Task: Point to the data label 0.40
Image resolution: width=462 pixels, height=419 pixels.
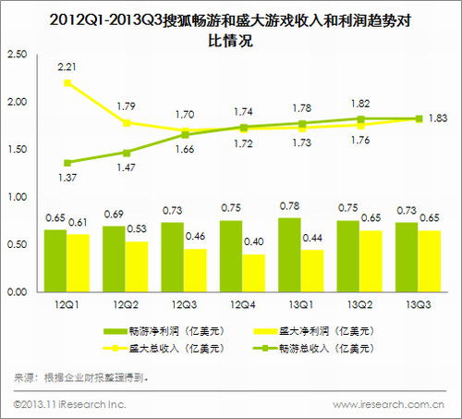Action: [254, 244]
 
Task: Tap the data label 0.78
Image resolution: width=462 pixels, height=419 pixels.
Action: [289, 205]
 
